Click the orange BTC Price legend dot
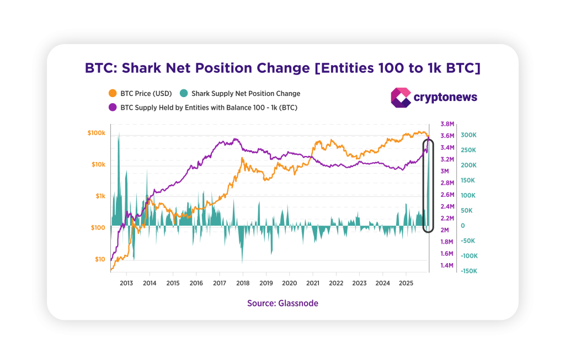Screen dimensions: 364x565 coord(113,94)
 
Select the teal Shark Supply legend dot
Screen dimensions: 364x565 coord(184,94)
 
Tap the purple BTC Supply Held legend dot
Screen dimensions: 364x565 coord(113,108)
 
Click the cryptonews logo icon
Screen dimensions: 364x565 coord(401,98)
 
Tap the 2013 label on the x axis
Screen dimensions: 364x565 coord(126,283)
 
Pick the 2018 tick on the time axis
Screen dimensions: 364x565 coord(243,283)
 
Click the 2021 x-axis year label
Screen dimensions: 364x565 coord(313,283)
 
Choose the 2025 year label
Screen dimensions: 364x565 coord(406,283)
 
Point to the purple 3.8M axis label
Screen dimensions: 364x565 coord(447,124)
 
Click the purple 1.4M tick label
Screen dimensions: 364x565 coord(447,266)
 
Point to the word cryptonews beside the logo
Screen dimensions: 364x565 coord(445,98)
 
